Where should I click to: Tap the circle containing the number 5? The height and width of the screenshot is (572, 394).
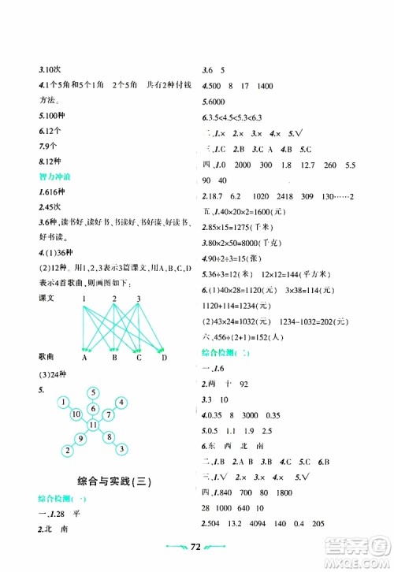[x=93, y=394]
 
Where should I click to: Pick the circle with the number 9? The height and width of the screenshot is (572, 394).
[x=79, y=438]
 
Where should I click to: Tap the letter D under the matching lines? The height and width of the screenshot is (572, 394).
[x=165, y=357]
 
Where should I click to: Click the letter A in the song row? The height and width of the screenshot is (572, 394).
[x=83, y=357]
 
